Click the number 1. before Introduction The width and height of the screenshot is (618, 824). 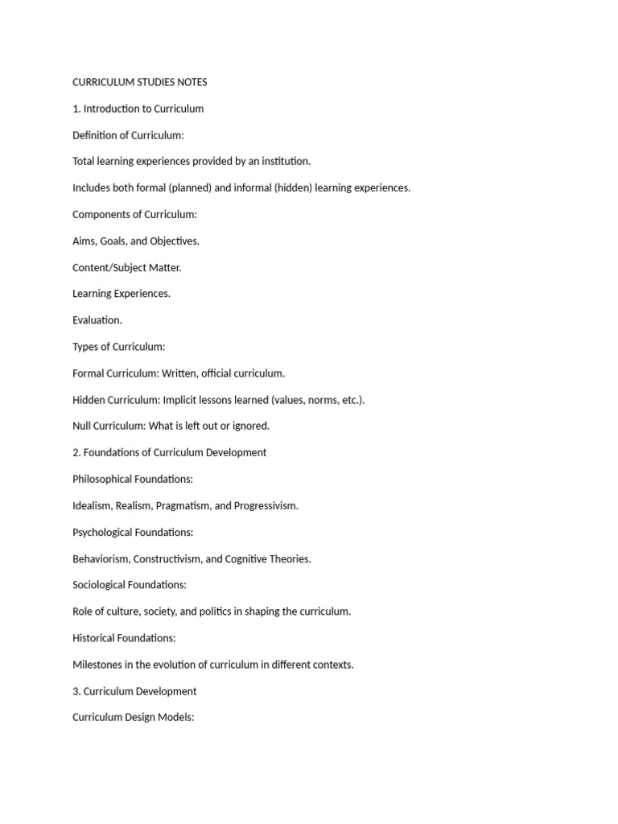point(76,109)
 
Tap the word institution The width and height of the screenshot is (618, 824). point(285,161)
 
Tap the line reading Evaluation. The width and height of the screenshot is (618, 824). point(97,320)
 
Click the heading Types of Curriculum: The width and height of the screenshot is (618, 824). point(118,347)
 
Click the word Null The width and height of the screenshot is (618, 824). point(83,426)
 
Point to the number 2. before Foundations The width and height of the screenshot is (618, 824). point(76,452)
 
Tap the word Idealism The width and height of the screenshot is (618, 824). point(91,505)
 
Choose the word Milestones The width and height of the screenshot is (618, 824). point(99,665)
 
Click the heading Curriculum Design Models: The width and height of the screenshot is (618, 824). point(133,717)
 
